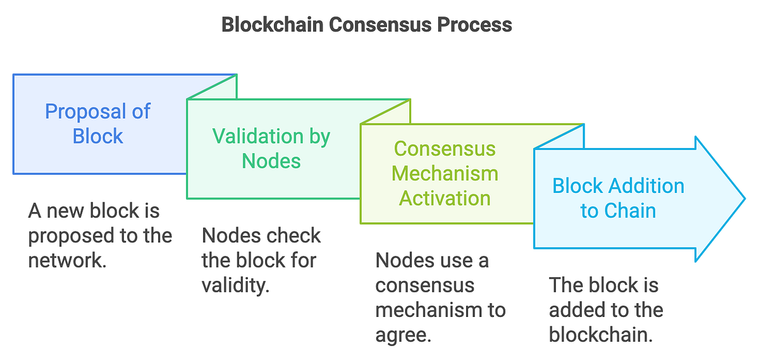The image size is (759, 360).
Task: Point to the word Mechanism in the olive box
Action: tap(445, 173)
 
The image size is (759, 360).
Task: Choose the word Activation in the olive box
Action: tap(445, 198)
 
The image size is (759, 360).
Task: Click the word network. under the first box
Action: tap(67, 260)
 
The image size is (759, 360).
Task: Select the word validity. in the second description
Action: tap(235, 285)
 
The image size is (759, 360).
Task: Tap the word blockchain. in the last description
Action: tap(600, 335)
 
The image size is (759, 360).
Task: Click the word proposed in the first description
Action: tap(69, 235)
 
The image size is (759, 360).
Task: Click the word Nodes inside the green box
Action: tap(271, 161)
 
